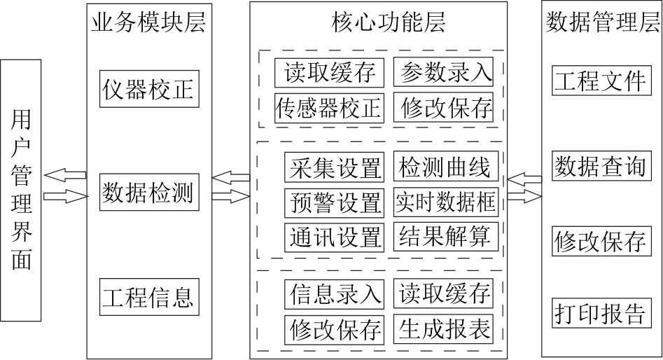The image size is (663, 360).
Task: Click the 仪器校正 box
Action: click(x=149, y=89)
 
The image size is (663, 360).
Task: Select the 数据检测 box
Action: click(x=149, y=192)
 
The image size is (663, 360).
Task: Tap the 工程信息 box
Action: click(x=149, y=296)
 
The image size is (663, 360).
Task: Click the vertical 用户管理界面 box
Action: click(x=21, y=191)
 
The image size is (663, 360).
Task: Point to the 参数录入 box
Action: click(x=444, y=72)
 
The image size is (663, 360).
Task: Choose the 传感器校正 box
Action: click(x=329, y=109)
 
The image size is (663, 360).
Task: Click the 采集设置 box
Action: click(x=335, y=167)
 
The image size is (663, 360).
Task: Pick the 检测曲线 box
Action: click(x=446, y=166)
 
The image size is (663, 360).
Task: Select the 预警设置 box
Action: click(x=335, y=202)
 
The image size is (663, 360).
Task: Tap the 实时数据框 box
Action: click(x=446, y=202)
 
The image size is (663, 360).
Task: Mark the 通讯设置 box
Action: click(x=335, y=237)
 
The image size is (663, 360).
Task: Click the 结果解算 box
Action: click(x=446, y=236)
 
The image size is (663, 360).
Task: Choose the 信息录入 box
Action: click(x=335, y=294)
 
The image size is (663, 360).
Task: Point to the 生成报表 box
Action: click(x=444, y=328)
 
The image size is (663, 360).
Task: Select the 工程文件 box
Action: click(x=601, y=81)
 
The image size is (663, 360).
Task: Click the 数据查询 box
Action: click(x=601, y=166)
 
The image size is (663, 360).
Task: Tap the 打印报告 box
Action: click(x=601, y=313)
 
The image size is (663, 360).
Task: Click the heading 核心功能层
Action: click(x=388, y=22)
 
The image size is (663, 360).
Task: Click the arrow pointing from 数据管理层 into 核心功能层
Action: click(x=524, y=179)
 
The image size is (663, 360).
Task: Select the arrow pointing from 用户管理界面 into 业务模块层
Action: click(x=67, y=196)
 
